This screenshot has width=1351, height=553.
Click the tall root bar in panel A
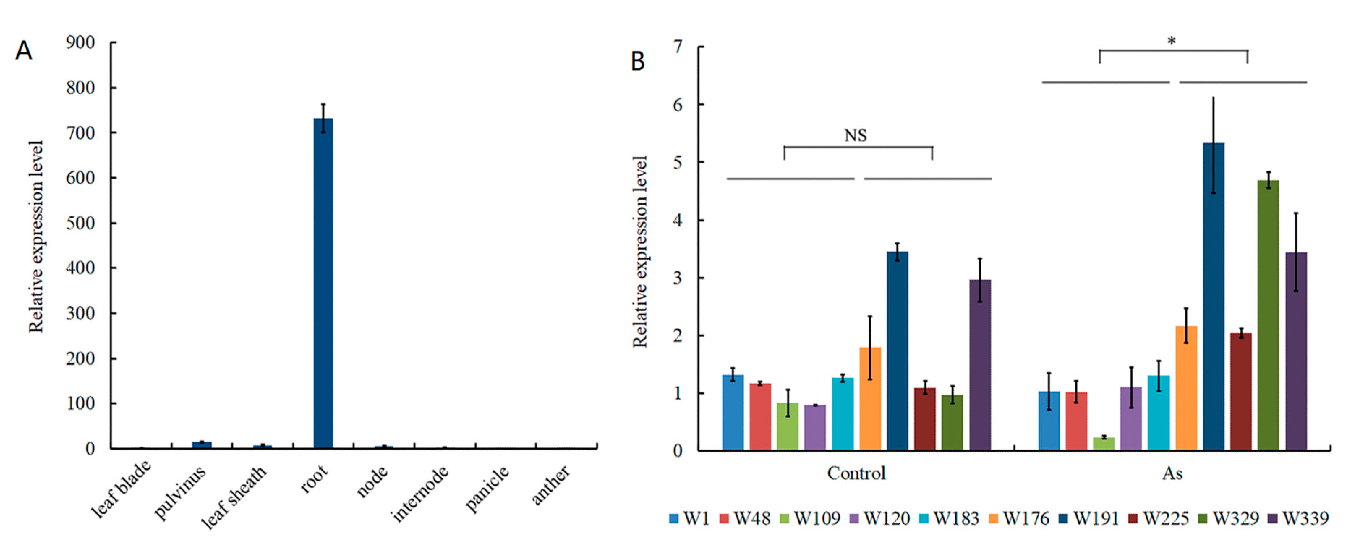323,283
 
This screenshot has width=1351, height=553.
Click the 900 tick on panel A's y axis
80,43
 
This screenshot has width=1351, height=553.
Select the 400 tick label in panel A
80,268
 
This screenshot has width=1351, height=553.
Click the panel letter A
24,51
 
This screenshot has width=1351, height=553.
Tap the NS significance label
855,136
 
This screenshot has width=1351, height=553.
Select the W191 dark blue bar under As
1214,297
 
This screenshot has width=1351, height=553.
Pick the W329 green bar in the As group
1268,315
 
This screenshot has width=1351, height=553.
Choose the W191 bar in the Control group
897,350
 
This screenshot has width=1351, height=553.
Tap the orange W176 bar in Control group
870,399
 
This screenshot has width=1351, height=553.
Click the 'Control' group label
856,473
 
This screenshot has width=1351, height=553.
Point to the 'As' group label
1172,473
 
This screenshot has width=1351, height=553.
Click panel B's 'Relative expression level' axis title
640,252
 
